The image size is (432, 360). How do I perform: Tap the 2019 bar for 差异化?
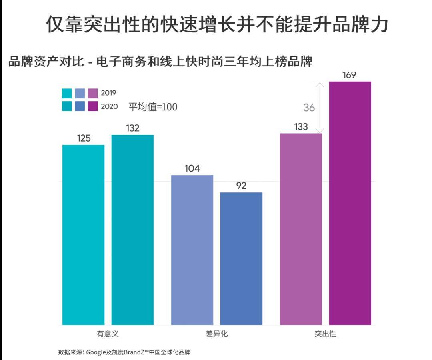[192, 250]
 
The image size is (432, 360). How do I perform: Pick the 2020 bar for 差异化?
[241, 258]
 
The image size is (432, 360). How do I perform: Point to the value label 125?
[84, 138]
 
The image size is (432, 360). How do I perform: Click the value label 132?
[132, 128]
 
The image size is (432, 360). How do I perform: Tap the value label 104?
[192, 169]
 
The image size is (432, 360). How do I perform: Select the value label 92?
[241, 186]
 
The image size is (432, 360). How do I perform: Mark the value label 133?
[301, 127]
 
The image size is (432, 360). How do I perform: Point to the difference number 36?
[309, 108]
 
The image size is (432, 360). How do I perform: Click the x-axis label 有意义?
[108, 334]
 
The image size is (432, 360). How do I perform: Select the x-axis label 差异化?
[216, 334]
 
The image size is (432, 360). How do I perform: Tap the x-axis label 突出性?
[325, 334]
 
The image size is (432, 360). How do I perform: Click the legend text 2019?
[108, 93]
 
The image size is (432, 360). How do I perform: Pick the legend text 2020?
[109, 106]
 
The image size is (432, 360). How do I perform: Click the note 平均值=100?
[153, 107]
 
